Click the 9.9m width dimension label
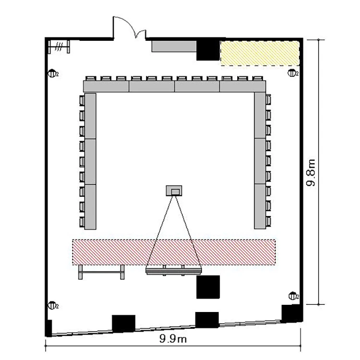click(x=173, y=338)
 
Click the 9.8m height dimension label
click(x=311, y=172)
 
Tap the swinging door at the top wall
click(x=129, y=27)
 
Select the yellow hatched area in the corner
click(x=260, y=53)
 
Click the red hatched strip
click(x=174, y=252)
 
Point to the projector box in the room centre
click(x=174, y=191)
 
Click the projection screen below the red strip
click(x=174, y=270)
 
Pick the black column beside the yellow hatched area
click(x=208, y=50)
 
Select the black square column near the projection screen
click(x=208, y=287)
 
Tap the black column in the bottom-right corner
click(x=291, y=313)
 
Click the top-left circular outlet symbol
click(x=52, y=74)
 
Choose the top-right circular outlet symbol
click(x=292, y=73)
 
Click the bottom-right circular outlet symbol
click(x=293, y=296)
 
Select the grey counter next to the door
click(x=174, y=47)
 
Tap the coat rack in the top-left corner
click(x=59, y=47)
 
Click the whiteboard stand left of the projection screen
click(x=101, y=272)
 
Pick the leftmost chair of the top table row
click(x=90, y=79)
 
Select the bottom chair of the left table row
click(x=82, y=222)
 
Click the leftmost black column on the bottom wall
click(x=123, y=324)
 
